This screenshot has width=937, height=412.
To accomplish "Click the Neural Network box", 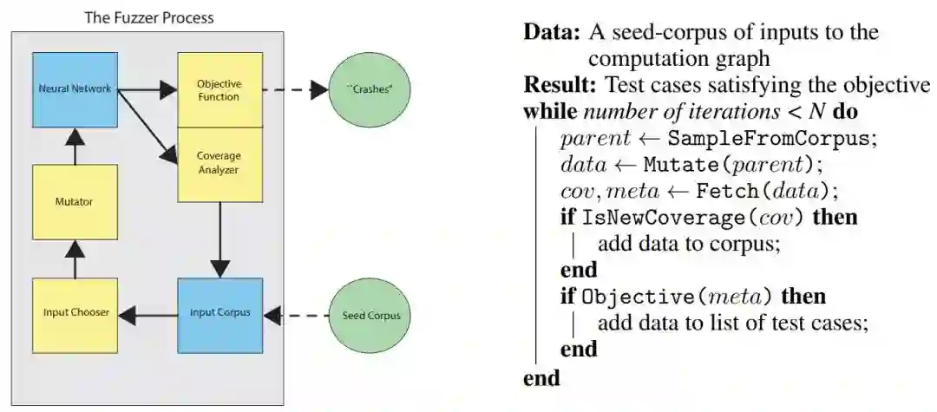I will pos(75,89).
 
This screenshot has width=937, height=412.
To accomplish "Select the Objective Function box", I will pos(220,89).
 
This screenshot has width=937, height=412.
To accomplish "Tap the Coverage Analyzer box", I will pos(220,164).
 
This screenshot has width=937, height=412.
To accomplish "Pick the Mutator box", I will pos(75,202).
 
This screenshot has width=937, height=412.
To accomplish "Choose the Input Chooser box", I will pos(75,312).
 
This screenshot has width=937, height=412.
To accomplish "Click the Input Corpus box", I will pos(220,314).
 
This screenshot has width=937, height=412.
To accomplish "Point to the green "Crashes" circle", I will pos(368,90).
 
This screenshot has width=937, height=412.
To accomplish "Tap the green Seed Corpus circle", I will pos(368,316).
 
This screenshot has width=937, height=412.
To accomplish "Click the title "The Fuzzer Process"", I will pos(149,17).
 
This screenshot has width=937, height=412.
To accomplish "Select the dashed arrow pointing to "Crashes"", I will pos(295,90).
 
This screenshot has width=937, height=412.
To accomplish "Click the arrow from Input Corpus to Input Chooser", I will pos(147,313).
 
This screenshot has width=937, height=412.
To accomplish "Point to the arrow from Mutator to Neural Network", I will pos(75,147).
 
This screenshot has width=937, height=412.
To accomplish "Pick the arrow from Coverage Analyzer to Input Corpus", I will pos(220,239).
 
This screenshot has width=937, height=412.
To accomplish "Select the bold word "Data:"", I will pos(553,33).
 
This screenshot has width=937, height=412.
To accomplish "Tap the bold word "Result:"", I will pos(560,86).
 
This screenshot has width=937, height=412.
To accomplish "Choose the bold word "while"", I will pos(549,112).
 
